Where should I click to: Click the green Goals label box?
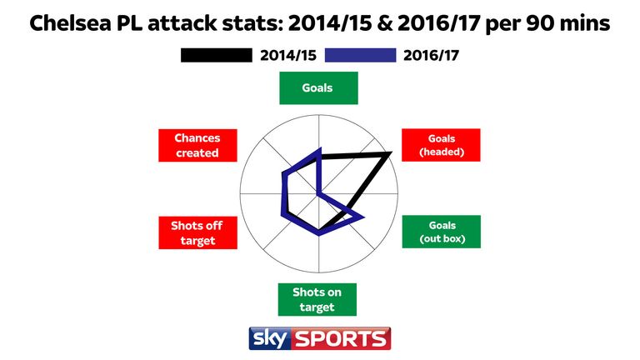[318, 87]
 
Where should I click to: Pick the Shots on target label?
[317, 299]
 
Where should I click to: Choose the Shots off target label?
[197, 232]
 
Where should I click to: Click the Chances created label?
[197, 145]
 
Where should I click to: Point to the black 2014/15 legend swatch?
[216, 55]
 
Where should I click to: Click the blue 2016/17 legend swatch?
[360, 55]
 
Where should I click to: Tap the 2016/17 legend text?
[431, 55]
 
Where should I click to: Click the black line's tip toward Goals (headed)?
[389, 154]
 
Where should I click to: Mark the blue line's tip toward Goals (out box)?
[361, 217]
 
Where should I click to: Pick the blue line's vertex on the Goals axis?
[318, 150]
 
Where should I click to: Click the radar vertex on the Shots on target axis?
[318, 233]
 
